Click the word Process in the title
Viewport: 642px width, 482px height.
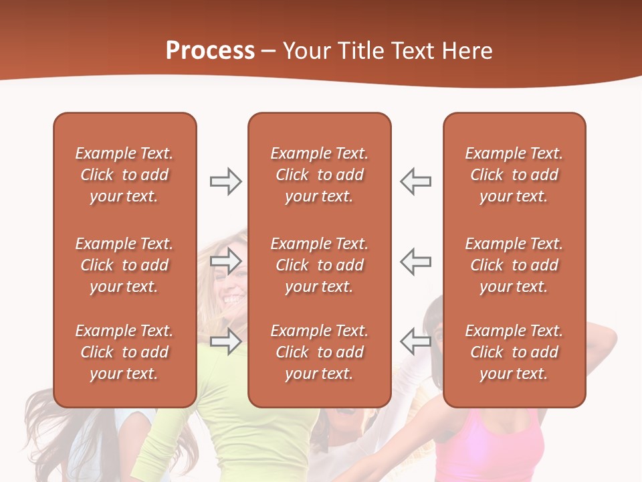click(x=210, y=51)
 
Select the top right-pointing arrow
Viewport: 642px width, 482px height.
click(x=225, y=181)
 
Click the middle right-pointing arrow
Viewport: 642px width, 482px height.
click(x=225, y=261)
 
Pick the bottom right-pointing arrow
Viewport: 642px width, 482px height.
click(x=225, y=341)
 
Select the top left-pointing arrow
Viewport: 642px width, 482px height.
click(x=416, y=181)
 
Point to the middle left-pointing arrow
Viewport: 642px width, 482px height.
click(x=416, y=261)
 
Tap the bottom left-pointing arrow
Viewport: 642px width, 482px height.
click(x=416, y=341)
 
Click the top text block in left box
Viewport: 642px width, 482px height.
click(x=124, y=175)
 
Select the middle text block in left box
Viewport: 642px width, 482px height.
click(x=124, y=265)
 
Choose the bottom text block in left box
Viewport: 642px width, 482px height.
click(x=124, y=352)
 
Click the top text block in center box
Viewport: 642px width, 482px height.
click(x=319, y=175)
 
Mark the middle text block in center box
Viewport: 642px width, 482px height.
click(x=319, y=265)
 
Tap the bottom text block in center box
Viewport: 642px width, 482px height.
click(x=319, y=352)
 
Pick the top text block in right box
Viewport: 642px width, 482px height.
click(x=514, y=175)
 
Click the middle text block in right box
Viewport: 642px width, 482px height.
click(x=514, y=265)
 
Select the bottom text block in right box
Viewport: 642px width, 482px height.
click(x=514, y=352)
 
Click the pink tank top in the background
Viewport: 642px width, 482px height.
click(x=488, y=449)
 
